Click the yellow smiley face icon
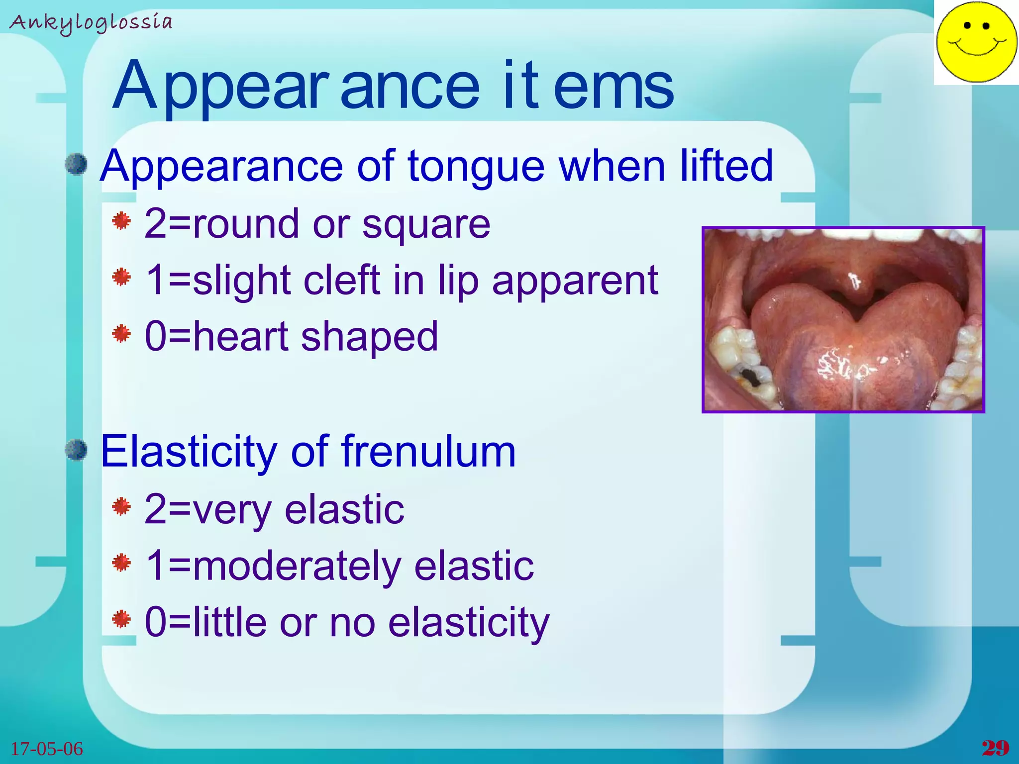click(976, 42)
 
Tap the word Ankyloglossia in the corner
click(91, 23)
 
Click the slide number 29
click(995, 748)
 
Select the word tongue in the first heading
click(476, 167)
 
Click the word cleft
click(342, 280)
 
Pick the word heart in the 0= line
click(241, 336)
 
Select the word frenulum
click(429, 452)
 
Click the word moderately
click(297, 567)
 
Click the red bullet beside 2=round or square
click(121, 221)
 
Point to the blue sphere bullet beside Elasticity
click(76, 450)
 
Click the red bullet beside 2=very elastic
click(121, 507)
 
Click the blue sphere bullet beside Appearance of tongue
click(76, 164)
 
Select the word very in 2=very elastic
click(232, 510)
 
